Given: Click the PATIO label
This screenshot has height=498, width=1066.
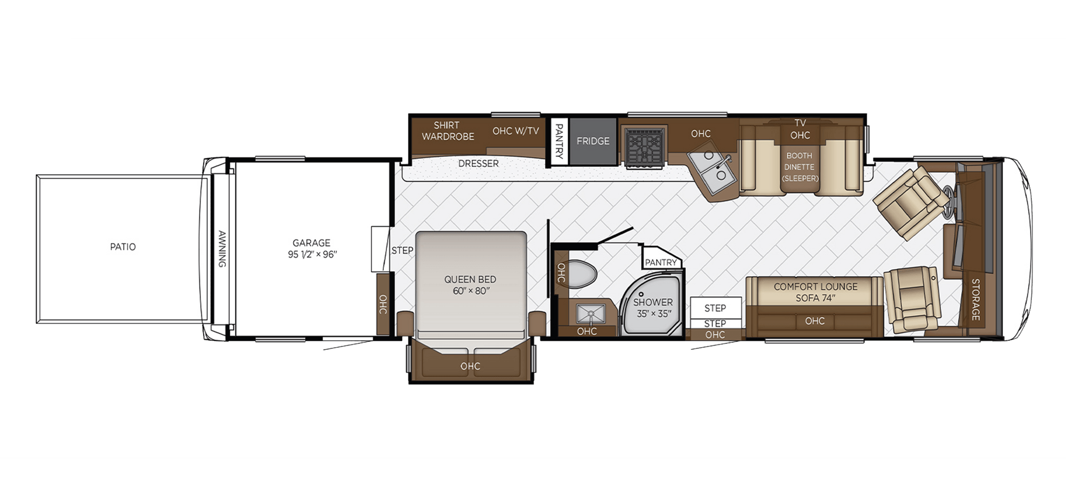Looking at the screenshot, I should pos(123,247).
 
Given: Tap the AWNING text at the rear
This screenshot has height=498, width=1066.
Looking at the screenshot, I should pos(222,249).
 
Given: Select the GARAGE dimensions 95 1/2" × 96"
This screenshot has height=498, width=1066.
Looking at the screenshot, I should pos(312,254).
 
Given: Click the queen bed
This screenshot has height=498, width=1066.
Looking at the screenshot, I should pos(470,285).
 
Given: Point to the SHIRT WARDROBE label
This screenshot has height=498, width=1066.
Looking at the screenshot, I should pos(447,131).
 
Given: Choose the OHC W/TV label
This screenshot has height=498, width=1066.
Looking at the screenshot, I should pos(515,131).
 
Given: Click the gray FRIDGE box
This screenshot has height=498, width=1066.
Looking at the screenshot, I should pos(593,141).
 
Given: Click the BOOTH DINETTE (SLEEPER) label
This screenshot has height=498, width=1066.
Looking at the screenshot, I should pos(799,167).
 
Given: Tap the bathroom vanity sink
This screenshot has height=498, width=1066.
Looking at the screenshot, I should pos(591,314).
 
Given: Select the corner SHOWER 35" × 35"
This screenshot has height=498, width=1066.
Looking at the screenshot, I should pos(653,308).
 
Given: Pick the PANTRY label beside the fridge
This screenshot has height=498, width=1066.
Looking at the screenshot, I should pos(559,141).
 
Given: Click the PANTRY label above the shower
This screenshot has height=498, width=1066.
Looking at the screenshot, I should pos(660,262).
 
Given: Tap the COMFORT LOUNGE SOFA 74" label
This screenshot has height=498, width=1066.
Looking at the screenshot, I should pos(815,292).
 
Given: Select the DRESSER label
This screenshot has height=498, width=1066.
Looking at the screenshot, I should pos(478,163).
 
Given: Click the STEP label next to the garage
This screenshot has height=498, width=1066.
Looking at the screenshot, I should pos(402,250).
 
